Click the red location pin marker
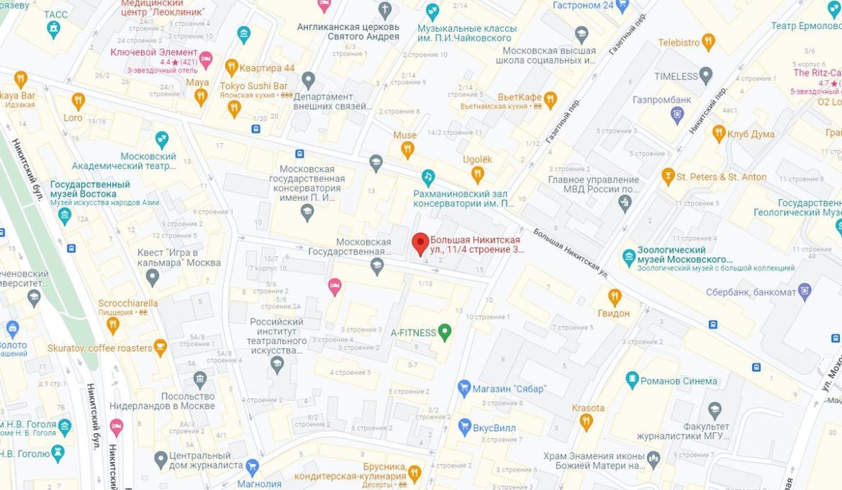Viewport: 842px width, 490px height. point(420,243)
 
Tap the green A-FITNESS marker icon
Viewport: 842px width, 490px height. point(445,332)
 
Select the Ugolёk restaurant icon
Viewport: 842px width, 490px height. point(477,173)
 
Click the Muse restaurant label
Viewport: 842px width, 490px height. point(404,135)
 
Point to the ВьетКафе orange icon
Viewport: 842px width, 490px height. point(551,99)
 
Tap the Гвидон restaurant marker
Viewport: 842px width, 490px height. point(614,296)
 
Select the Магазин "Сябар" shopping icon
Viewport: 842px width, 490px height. point(464,388)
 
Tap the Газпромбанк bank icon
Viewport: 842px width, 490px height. point(676,114)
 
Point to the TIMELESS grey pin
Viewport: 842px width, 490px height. point(706,75)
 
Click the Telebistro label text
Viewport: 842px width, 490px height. point(678,42)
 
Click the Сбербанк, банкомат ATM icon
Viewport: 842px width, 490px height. point(805,291)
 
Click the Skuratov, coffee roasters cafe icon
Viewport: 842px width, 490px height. point(160,348)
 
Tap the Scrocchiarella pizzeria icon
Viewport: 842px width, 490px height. point(112,325)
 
